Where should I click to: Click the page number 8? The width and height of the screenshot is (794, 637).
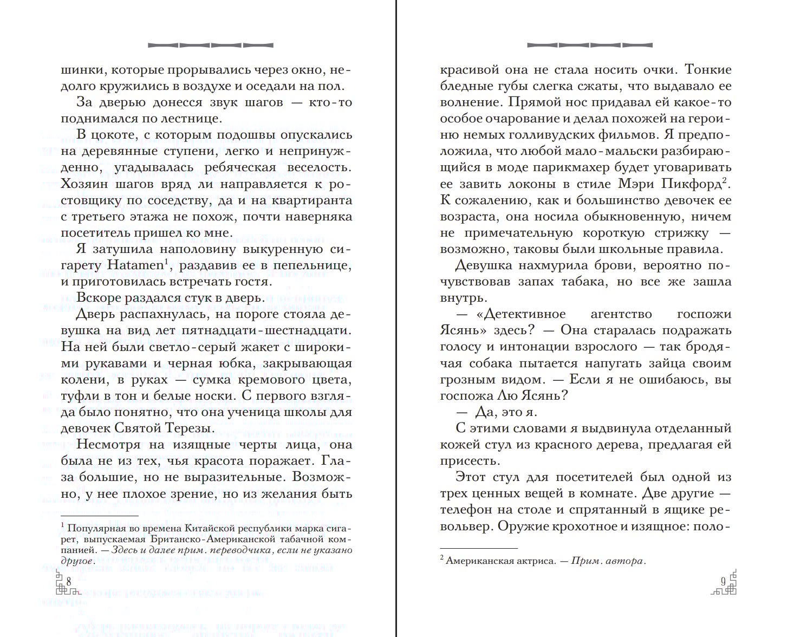(x=69, y=581)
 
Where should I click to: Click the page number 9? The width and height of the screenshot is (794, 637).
(x=723, y=581)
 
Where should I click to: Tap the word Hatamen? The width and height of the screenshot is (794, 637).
(x=135, y=265)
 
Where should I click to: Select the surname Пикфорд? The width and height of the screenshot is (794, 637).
(x=692, y=184)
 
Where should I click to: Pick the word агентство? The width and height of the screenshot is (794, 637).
(x=621, y=314)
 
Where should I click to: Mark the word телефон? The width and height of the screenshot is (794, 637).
(x=468, y=509)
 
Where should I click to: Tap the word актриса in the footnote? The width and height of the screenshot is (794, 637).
(x=536, y=561)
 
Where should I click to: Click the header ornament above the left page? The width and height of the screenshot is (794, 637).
(x=210, y=45)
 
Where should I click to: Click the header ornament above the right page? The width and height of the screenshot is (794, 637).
(x=589, y=45)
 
